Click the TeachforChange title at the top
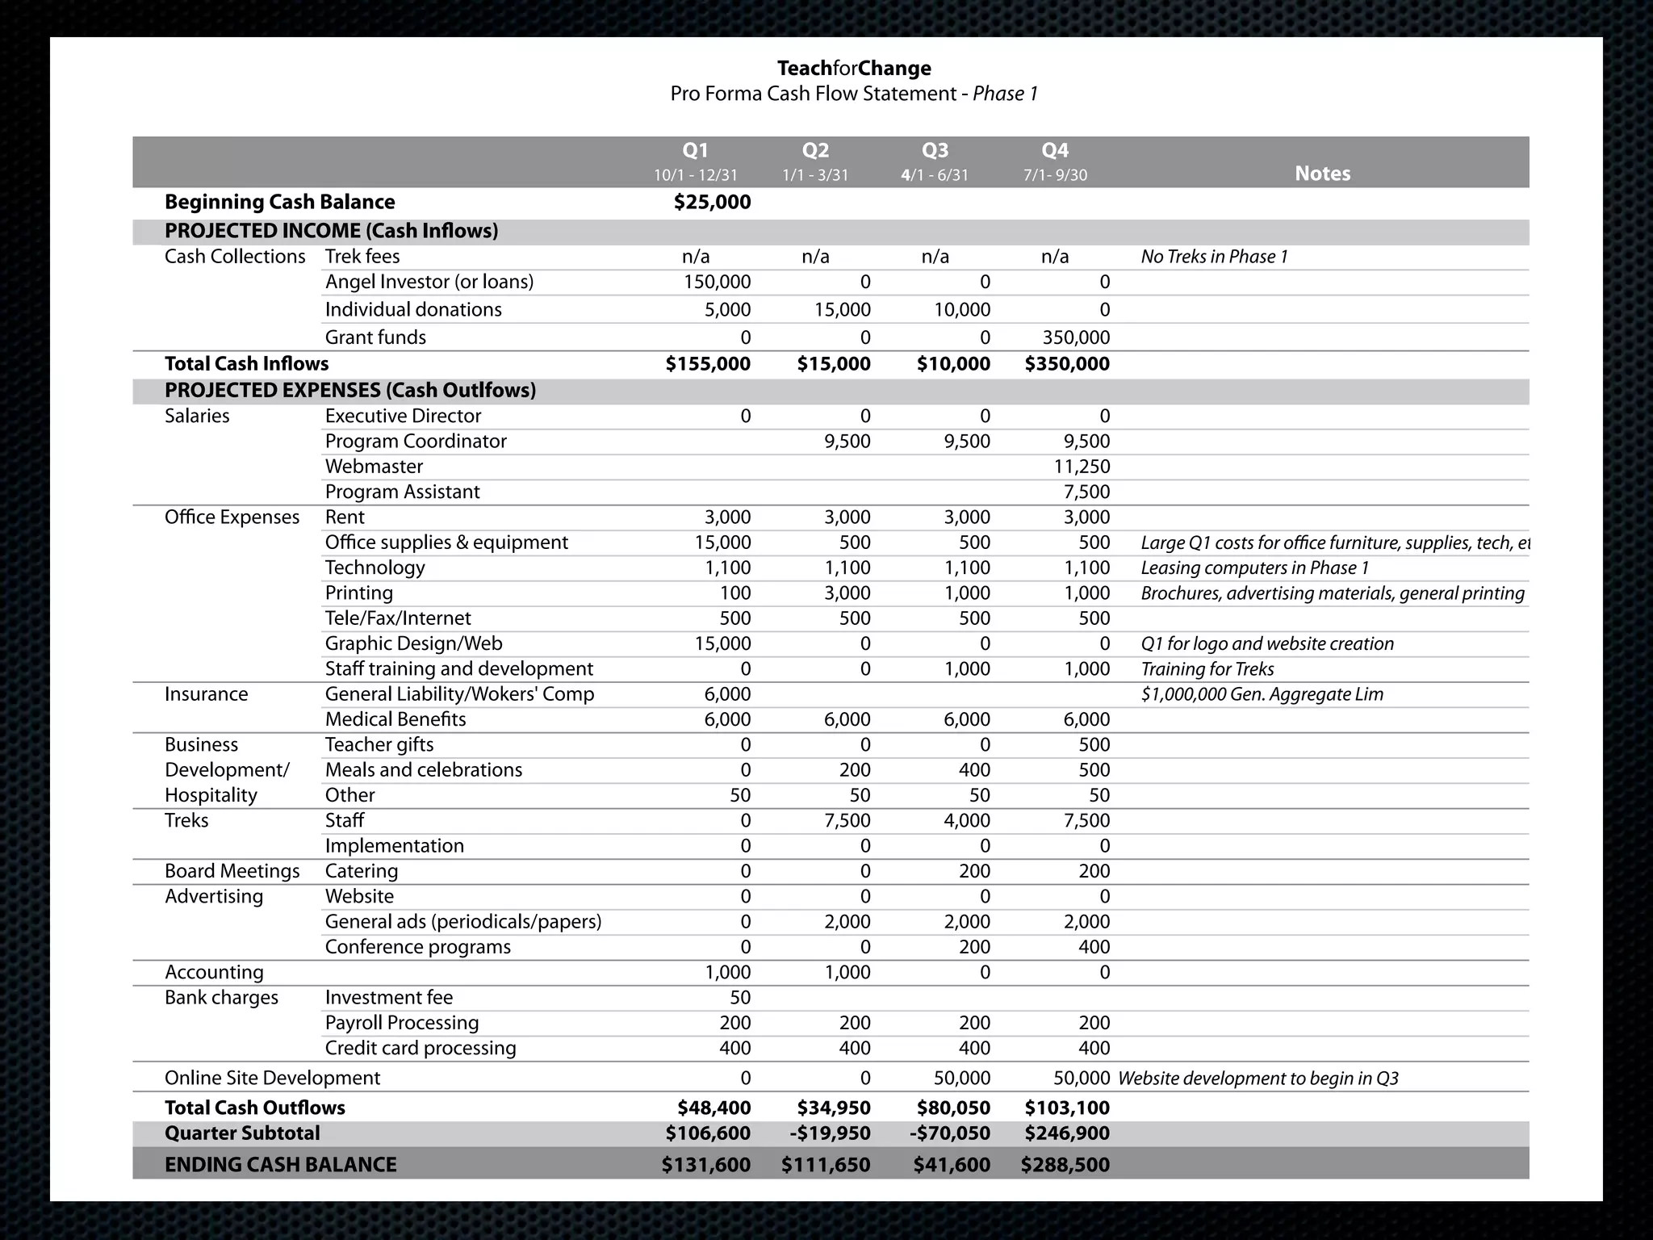[854, 69]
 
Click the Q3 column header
[935, 151]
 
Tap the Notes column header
[1322, 174]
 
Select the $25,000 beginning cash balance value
[712, 203]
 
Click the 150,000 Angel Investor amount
[717, 282]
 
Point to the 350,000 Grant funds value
[1076, 337]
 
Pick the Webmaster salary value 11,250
[1082, 467]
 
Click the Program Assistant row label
[402, 492]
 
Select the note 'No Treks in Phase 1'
[1214, 257]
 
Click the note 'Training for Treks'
[1207, 669]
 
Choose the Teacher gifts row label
[379, 744]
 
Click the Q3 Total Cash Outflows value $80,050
[953, 1108]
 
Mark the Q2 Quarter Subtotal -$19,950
[830, 1133]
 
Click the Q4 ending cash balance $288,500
[1065, 1165]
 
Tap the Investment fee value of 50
[739, 998]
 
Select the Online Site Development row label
[272, 1078]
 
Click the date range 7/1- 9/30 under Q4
[1055, 175]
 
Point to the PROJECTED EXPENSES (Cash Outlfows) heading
[350, 391]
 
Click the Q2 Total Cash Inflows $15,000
[834, 364]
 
